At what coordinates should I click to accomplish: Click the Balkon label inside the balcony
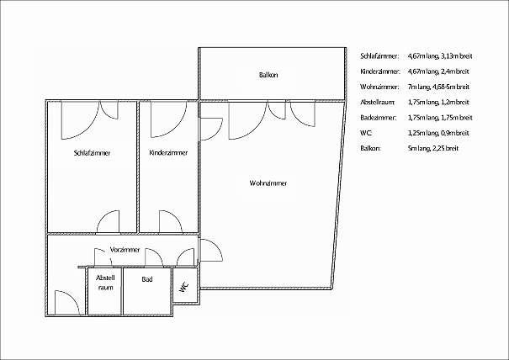pyautogui.click(x=268, y=75)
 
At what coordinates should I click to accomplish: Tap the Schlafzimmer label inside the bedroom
pyautogui.click(x=93, y=153)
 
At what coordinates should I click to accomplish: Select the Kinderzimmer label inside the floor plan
pyautogui.click(x=168, y=152)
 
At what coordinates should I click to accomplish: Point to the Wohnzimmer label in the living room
pyautogui.click(x=268, y=183)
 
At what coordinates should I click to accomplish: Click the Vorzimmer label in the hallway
pyautogui.click(x=125, y=250)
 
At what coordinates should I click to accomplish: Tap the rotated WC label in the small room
pyautogui.click(x=184, y=286)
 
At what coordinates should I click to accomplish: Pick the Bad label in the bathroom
pyautogui.click(x=147, y=279)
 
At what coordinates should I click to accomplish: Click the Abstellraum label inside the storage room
pyautogui.click(x=105, y=283)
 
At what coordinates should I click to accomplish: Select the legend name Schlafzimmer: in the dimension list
pyautogui.click(x=379, y=56)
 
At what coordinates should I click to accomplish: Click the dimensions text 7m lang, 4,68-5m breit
pyautogui.click(x=438, y=87)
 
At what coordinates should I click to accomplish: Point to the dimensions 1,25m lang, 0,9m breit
pyautogui.click(x=438, y=133)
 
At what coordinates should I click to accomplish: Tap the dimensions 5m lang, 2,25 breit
pyautogui.click(x=433, y=148)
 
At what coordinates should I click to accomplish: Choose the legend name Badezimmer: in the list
pyautogui.click(x=379, y=118)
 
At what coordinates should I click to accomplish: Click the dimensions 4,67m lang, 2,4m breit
pyautogui.click(x=438, y=71)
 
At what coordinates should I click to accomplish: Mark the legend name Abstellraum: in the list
pyautogui.click(x=378, y=103)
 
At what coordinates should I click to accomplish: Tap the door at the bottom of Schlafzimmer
pyautogui.click(x=109, y=222)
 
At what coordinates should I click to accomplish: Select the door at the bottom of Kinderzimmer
pyautogui.click(x=171, y=222)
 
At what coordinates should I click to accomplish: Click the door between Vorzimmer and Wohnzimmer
pyautogui.click(x=211, y=250)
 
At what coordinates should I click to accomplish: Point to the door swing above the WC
pyautogui.click(x=185, y=257)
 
